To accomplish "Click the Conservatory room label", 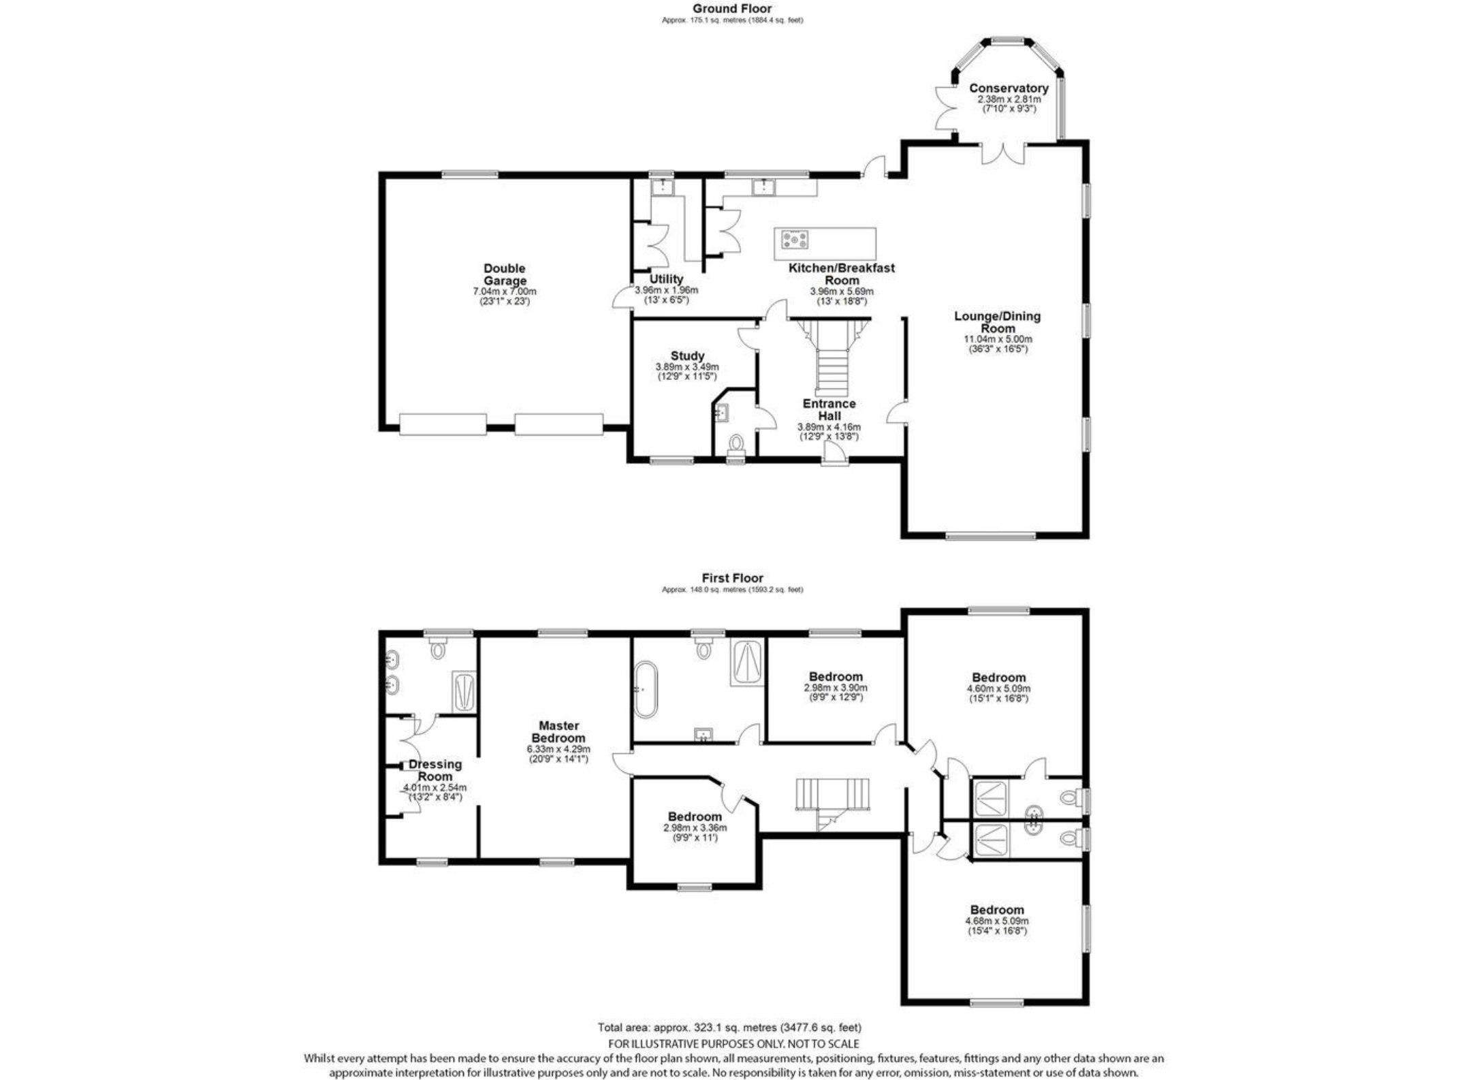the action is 1009,88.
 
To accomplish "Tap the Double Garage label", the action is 505,274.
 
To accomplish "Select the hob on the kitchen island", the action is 795,240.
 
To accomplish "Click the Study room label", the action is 687,355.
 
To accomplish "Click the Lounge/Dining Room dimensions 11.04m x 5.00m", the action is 998,339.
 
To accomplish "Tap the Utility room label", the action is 666,279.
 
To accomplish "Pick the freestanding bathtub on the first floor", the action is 645,689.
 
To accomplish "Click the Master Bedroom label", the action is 558,732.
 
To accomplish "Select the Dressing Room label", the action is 435,770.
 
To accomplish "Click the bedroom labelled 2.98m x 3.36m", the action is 695,816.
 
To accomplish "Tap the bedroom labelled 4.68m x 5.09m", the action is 997,910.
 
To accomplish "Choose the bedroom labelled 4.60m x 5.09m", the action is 998,678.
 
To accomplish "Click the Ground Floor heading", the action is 732,9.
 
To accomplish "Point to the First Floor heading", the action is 732,578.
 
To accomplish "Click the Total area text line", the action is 729,1028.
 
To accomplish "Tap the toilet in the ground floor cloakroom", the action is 735,444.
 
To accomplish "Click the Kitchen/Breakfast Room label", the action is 842,274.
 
